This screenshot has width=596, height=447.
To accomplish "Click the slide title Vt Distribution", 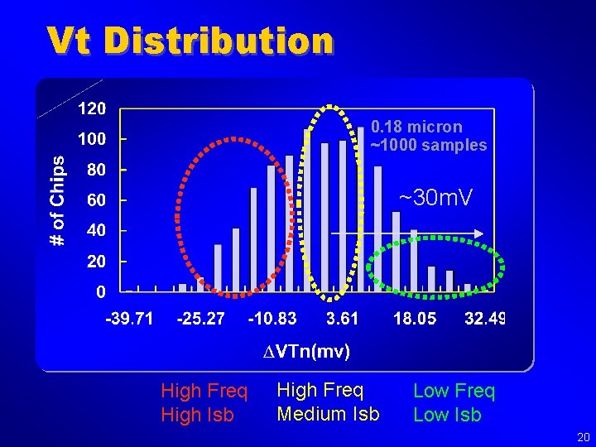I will pyautogui.click(x=190, y=40).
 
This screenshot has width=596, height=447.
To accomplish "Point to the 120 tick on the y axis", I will pyautogui.click(x=91, y=109).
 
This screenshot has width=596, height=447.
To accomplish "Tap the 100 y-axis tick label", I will pyautogui.click(x=91, y=139).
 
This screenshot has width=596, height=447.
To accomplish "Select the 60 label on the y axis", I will pyautogui.click(x=95, y=200).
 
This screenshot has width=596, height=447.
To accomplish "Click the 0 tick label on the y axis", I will pyautogui.click(x=100, y=291).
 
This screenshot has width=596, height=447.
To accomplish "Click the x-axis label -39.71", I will pyautogui.click(x=128, y=319).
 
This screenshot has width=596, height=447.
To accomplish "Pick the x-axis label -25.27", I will pyautogui.click(x=200, y=319).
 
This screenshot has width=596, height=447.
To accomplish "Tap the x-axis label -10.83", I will pyautogui.click(x=272, y=319).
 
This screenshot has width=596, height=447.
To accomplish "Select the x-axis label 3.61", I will pyautogui.click(x=343, y=319).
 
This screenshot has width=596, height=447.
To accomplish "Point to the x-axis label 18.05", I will pyautogui.click(x=415, y=319).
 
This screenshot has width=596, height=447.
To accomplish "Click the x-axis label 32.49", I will pyautogui.click(x=485, y=319).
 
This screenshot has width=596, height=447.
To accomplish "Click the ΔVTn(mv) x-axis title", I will pyautogui.click(x=301, y=352).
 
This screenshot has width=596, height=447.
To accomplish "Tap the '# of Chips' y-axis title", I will pyautogui.click(x=56, y=200).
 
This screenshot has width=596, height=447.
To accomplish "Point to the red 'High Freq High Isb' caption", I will pyautogui.click(x=204, y=402).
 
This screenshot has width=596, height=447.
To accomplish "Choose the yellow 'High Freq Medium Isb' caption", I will pyautogui.click(x=328, y=401).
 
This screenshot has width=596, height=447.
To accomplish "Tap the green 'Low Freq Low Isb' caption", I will pyautogui.click(x=454, y=402).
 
